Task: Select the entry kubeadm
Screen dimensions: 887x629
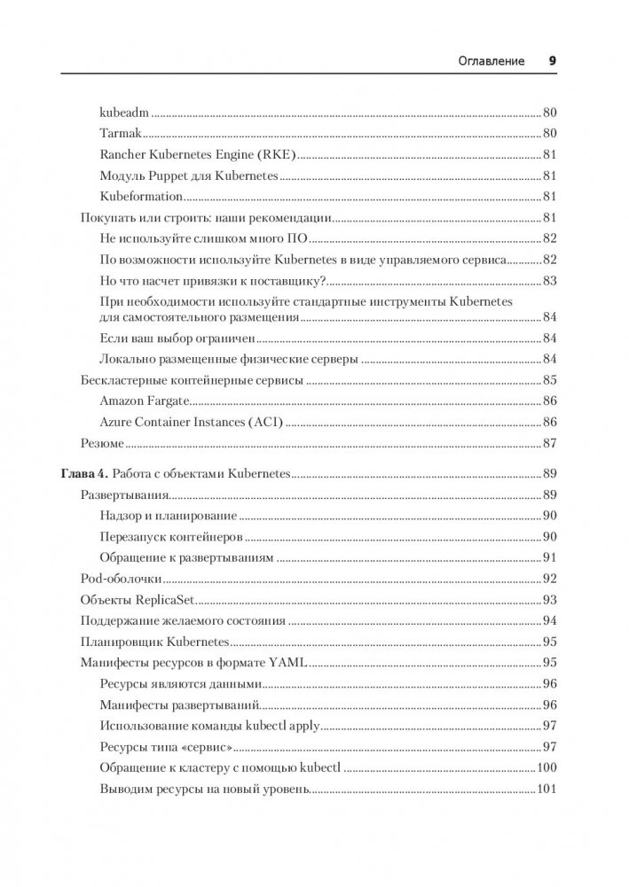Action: (x=123, y=113)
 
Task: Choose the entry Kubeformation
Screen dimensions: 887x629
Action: (x=142, y=196)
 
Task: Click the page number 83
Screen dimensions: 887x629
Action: (x=548, y=280)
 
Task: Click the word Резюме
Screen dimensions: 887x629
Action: (x=101, y=442)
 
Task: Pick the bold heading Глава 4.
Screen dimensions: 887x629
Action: (x=84, y=474)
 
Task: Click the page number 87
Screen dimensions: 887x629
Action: (x=548, y=442)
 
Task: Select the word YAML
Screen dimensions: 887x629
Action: (x=288, y=663)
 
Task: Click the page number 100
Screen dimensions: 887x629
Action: (x=546, y=767)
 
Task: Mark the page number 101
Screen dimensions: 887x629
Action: (x=546, y=789)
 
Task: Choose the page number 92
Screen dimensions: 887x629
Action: (x=548, y=579)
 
